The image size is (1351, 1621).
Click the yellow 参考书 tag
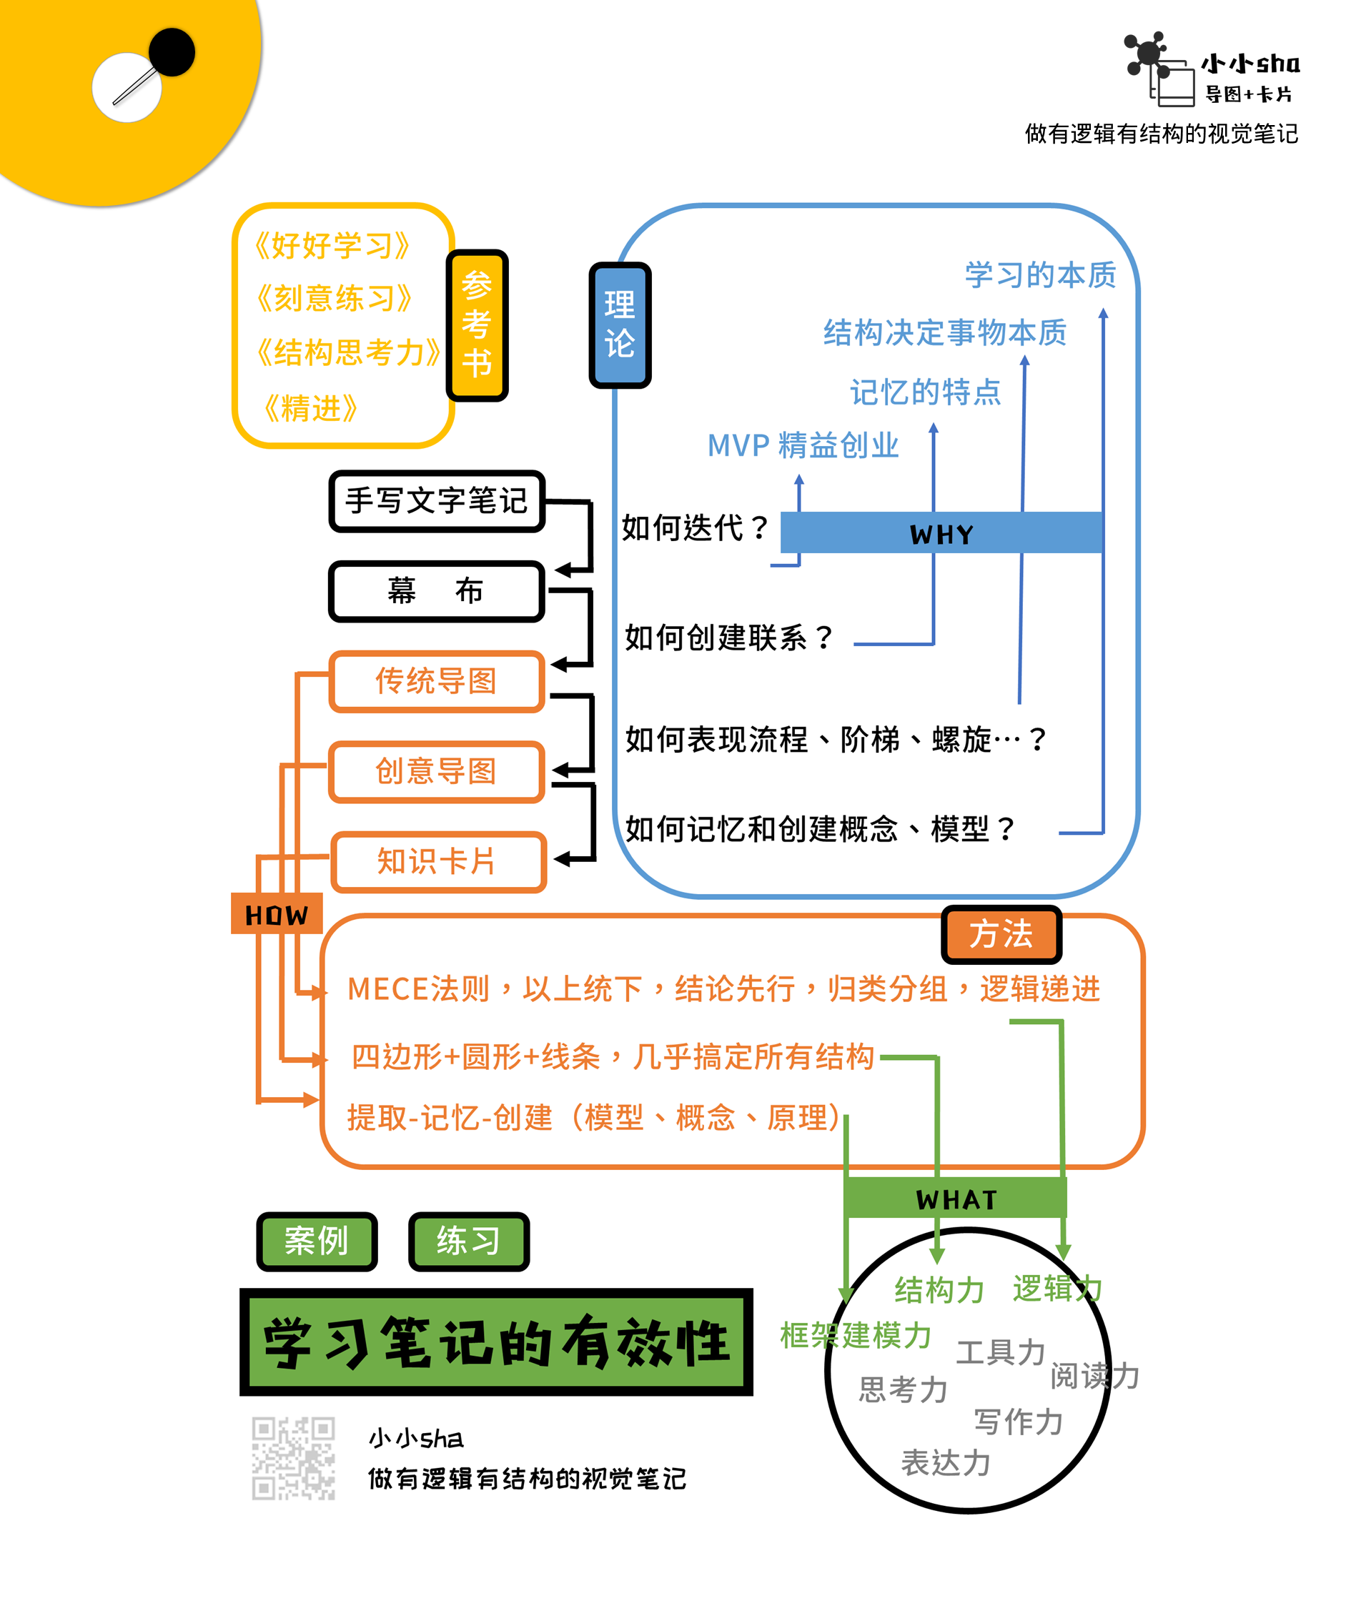coord(477,325)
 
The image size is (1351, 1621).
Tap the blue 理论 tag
coord(620,325)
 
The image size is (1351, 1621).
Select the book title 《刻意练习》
coord(334,298)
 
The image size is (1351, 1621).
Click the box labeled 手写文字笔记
coord(437,501)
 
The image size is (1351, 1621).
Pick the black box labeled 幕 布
coord(437,591)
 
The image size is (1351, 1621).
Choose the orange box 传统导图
coord(437,681)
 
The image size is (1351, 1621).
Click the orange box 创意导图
coord(437,771)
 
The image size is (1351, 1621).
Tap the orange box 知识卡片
coord(438,861)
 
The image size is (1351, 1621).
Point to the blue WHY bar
coord(941,532)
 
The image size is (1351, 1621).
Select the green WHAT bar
coord(956,1199)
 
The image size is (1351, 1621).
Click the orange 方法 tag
coord(1001,934)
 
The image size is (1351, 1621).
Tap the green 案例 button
coord(317,1241)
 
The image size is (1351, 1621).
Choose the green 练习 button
coord(469,1241)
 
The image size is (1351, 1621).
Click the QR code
coord(293,1457)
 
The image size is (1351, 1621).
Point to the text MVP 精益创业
coord(803,445)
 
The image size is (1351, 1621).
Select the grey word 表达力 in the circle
coord(946,1462)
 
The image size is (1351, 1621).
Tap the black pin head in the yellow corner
coord(172,51)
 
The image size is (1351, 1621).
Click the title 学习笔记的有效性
coord(495,1342)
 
